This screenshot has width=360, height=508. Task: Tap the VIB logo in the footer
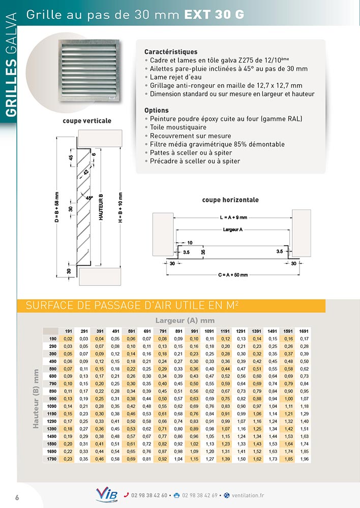pyautogui.click(x=106, y=495)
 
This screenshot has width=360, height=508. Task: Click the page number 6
pyautogui.click(x=17, y=497)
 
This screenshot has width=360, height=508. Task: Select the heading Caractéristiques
pyautogui.click(x=171, y=52)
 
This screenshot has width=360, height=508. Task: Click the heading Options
pyautogui.click(x=157, y=110)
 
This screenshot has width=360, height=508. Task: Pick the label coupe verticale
pyautogui.click(x=87, y=121)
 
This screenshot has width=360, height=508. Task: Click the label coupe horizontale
pyautogui.click(x=230, y=200)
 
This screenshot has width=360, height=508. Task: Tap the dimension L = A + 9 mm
pyautogui.click(x=233, y=217)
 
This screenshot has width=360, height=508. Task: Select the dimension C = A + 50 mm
pyautogui.click(x=233, y=275)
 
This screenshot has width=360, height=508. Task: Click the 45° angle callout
pyautogui.click(x=89, y=198)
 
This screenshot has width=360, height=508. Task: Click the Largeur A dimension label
pyautogui.click(x=233, y=230)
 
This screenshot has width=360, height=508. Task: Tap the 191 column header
pyautogui.click(x=69, y=331)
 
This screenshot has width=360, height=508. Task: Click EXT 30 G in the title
pyautogui.click(x=214, y=15)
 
